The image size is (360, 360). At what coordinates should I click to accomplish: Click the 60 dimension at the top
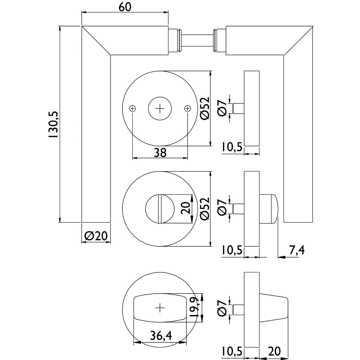125,8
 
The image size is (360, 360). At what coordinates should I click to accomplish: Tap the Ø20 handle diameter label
96,236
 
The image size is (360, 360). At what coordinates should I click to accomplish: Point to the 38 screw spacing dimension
160,153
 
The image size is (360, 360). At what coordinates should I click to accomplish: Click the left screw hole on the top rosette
133,108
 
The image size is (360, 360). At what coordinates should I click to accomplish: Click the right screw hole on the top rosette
187,108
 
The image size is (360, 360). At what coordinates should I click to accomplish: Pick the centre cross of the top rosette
160,108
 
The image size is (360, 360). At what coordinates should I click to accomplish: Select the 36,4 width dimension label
161,336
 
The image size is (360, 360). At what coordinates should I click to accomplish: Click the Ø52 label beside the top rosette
204,108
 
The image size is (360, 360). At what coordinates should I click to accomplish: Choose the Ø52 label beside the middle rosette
204,209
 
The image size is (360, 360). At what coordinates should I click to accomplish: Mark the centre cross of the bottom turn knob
160,308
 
